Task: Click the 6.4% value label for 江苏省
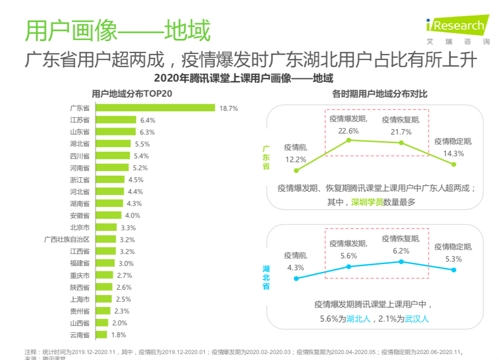pos(148,120)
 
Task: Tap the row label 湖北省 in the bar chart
pos(79,144)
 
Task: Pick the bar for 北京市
pos(106,227)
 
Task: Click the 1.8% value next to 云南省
pos(119,335)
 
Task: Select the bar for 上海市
pos(104,299)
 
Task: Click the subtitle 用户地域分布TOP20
pos(132,94)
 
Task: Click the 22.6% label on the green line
pos(349,130)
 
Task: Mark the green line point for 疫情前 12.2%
pos(296,170)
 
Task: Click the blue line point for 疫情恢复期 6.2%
pos(401,262)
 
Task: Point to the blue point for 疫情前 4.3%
pos(296,279)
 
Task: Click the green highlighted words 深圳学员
pos(367,202)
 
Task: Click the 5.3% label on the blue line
pos(453,258)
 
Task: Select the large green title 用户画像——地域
pos(118,31)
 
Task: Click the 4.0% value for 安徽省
pos(133,215)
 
